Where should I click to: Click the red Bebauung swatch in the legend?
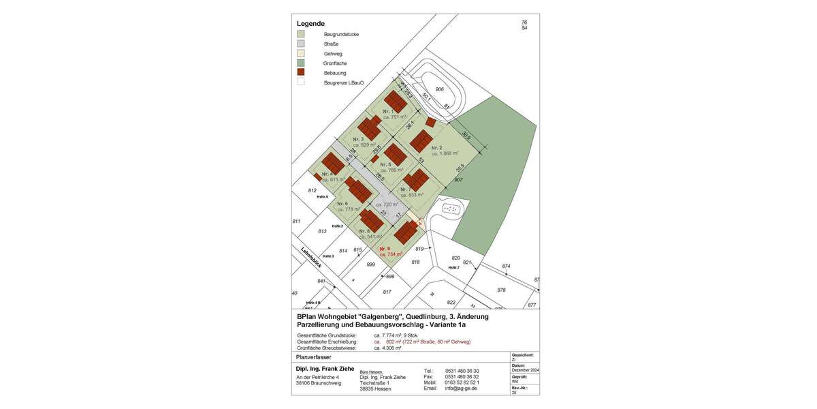pos(301,72)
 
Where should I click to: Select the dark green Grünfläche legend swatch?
pos(301,63)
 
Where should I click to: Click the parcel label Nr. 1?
pos(388,110)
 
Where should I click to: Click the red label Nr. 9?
pos(385,248)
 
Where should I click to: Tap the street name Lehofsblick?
pos(311,260)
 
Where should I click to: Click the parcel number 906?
pos(440,89)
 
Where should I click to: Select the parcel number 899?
pos(371,264)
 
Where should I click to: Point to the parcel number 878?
pos(502,290)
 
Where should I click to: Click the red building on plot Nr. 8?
pos(371,220)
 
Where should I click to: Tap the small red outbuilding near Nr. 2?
pos(430,122)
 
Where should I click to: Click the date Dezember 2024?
pos(525,369)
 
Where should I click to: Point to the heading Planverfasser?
pos(314,357)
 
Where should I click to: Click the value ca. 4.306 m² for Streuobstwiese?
pos(387,348)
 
